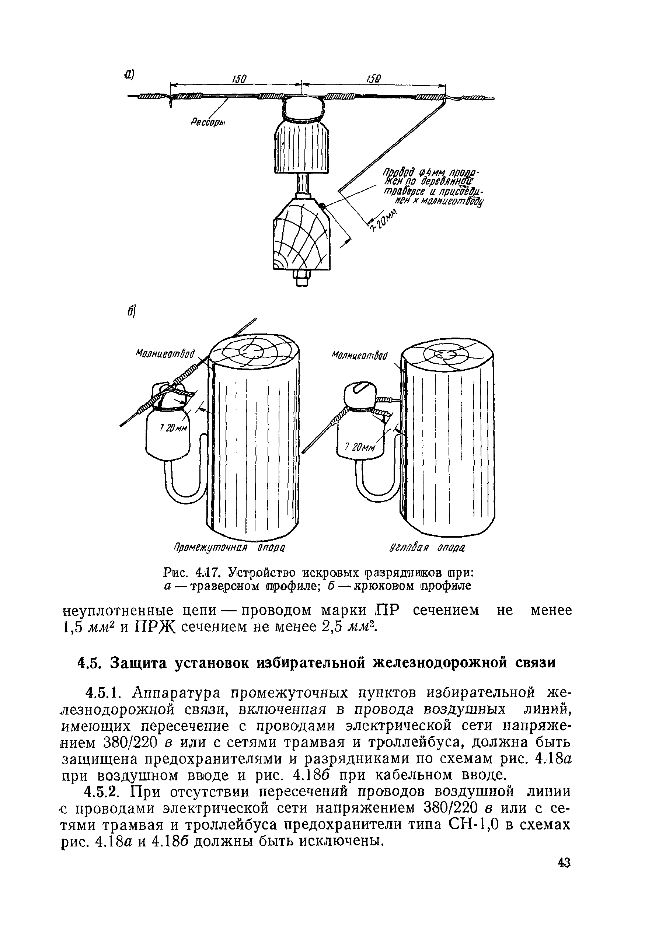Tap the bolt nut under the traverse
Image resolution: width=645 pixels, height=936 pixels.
pos(302,279)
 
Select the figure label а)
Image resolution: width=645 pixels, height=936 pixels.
pos(129,75)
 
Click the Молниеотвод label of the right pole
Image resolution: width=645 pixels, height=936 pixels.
pos(359,356)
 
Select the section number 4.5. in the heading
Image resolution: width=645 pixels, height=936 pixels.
pos(89,663)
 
